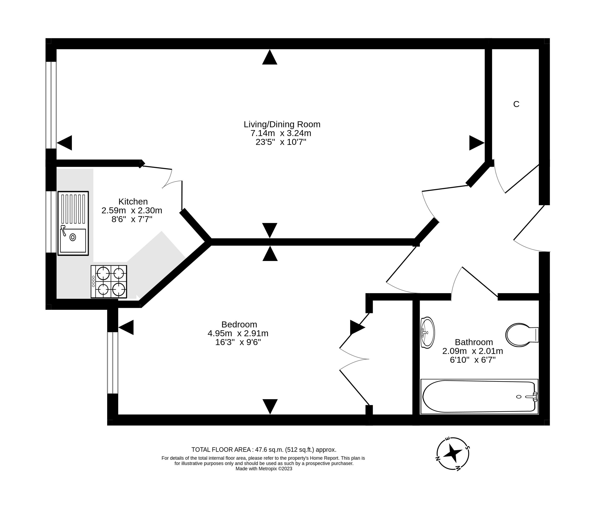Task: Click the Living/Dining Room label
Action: click(x=282, y=124)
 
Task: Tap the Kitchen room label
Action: click(x=133, y=201)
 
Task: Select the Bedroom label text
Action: click(x=239, y=324)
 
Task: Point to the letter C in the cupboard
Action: click(x=516, y=104)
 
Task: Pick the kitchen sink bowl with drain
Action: click(x=73, y=240)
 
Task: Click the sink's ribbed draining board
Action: click(x=73, y=209)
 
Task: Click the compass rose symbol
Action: click(x=453, y=454)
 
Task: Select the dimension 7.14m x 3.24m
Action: click(x=281, y=133)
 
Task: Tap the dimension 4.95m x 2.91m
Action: click(x=238, y=333)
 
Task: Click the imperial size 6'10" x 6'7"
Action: click(x=473, y=360)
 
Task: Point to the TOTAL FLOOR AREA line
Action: click(x=264, y=450)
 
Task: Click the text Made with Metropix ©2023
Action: click(x=264, y=469)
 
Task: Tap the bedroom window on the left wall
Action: click(x=113, y=363)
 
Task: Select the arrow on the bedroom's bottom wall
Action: click(x=270, y=406)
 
